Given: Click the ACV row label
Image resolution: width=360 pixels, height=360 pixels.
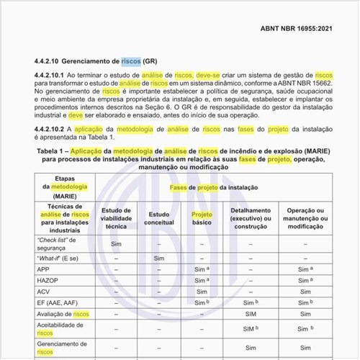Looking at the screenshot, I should click(x=43, y=292).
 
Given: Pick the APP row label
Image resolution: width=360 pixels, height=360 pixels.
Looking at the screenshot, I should click(x=43, y=268).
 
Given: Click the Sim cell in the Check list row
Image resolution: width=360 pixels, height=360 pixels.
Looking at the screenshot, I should click(x=117, y=243).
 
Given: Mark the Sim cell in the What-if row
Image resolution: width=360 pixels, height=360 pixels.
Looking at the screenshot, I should click(x=159, y=257).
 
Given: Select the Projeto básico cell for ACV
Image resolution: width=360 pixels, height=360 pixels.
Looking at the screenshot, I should click(x=202, y=292).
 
